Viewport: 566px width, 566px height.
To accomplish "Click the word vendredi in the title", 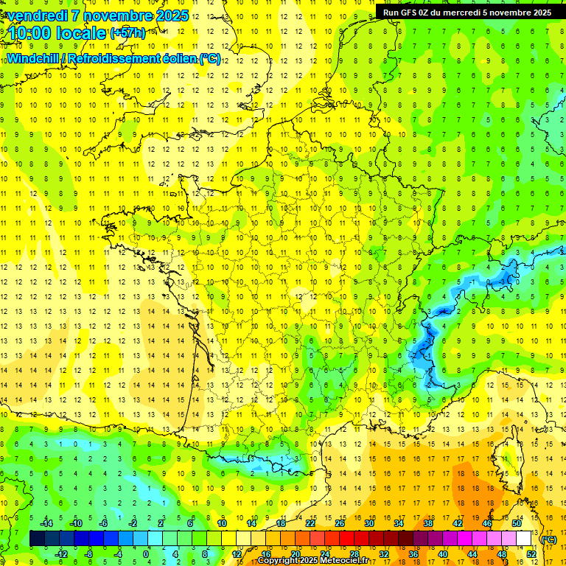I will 37,15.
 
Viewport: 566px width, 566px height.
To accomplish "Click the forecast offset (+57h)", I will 127,34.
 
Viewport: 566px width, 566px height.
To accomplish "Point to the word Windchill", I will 35,58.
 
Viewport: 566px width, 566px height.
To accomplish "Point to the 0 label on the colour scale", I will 145,554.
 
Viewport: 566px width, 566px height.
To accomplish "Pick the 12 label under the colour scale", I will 237,554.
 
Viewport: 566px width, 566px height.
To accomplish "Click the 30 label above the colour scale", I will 368,523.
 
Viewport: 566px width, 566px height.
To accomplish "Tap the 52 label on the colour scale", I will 531,554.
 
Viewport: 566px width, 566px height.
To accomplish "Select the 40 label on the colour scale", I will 442,554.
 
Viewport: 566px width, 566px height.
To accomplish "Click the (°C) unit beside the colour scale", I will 549,539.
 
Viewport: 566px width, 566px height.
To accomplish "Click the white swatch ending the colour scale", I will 523,539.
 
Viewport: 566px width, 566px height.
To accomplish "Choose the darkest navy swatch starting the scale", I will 37,539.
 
